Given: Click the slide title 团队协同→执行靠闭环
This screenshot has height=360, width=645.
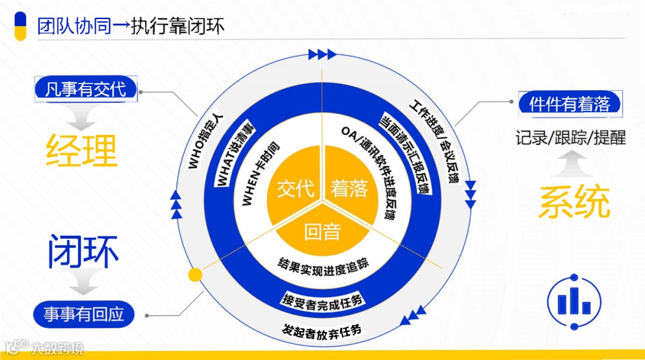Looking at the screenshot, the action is [x=131, y=26].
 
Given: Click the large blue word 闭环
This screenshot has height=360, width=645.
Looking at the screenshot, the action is [x=83, y=252].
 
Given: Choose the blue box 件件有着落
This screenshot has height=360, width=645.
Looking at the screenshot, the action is [x=569, y=103].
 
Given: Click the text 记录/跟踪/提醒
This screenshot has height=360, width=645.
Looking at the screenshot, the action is [x=570, y=138].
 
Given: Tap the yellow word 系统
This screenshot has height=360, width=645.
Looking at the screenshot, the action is [x=574, y=202].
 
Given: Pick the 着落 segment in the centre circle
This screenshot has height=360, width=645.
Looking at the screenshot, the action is [x=349, y=189].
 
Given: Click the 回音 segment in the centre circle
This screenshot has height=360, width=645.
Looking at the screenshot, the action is [x=322, y=232].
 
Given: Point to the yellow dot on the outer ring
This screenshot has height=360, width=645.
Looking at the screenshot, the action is [x=194, y=275].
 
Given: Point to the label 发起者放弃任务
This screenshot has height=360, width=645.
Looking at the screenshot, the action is [x=322, y=330].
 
